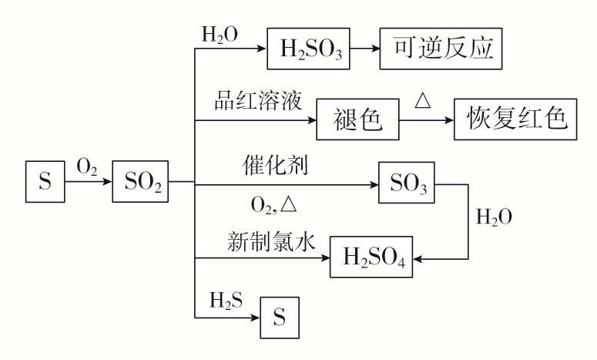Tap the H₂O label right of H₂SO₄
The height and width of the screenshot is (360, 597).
[x=495, y=217]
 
